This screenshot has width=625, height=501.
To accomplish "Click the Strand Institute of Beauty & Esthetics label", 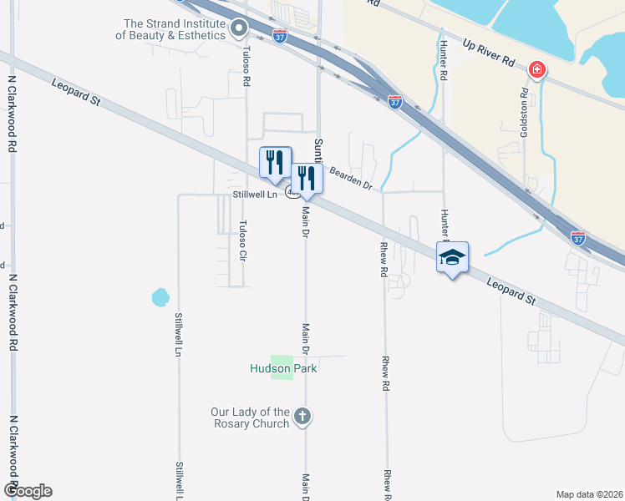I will point(175,30).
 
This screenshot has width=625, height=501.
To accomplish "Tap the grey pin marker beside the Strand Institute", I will point(239,30).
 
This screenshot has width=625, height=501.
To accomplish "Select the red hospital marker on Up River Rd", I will point(536,69).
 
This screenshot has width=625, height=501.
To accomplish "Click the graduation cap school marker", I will point(452,258).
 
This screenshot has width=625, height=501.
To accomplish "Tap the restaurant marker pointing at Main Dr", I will point(307,179).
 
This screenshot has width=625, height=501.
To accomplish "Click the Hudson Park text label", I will point(284,368).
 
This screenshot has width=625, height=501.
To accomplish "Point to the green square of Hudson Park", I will point(282,367).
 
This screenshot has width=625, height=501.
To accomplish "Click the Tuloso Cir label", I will point(242,240).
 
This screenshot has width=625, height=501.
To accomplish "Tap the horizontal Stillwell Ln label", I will point(254,195).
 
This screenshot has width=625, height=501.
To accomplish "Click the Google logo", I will point(28,491).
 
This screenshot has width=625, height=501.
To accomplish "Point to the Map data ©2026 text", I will point(589,494).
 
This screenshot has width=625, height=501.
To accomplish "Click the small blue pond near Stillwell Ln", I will point(160,296).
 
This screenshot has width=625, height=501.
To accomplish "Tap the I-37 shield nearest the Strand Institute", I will point(280,36).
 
